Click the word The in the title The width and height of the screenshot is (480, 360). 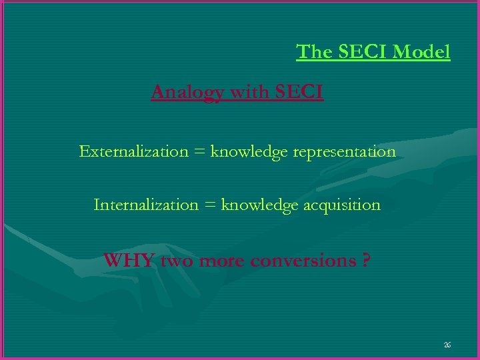(x=311, y=51)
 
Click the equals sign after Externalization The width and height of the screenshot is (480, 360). (x=199, y=152)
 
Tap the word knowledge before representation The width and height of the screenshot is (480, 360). (x=248, y=152)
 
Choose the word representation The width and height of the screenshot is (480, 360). (x=344, y=153)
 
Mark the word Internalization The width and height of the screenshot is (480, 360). (x=146, y=205)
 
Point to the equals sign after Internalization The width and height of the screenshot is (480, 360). (x=210, y=205)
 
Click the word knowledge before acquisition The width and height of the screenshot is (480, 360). (x=260, y=205)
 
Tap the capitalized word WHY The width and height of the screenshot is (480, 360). (x=129, y=260)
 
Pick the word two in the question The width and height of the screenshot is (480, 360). (x=177, y=261)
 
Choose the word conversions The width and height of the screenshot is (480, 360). (x=303, y=261)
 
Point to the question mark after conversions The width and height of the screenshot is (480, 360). (x=366, y=260)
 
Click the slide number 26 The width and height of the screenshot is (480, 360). (x=447, y=345)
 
